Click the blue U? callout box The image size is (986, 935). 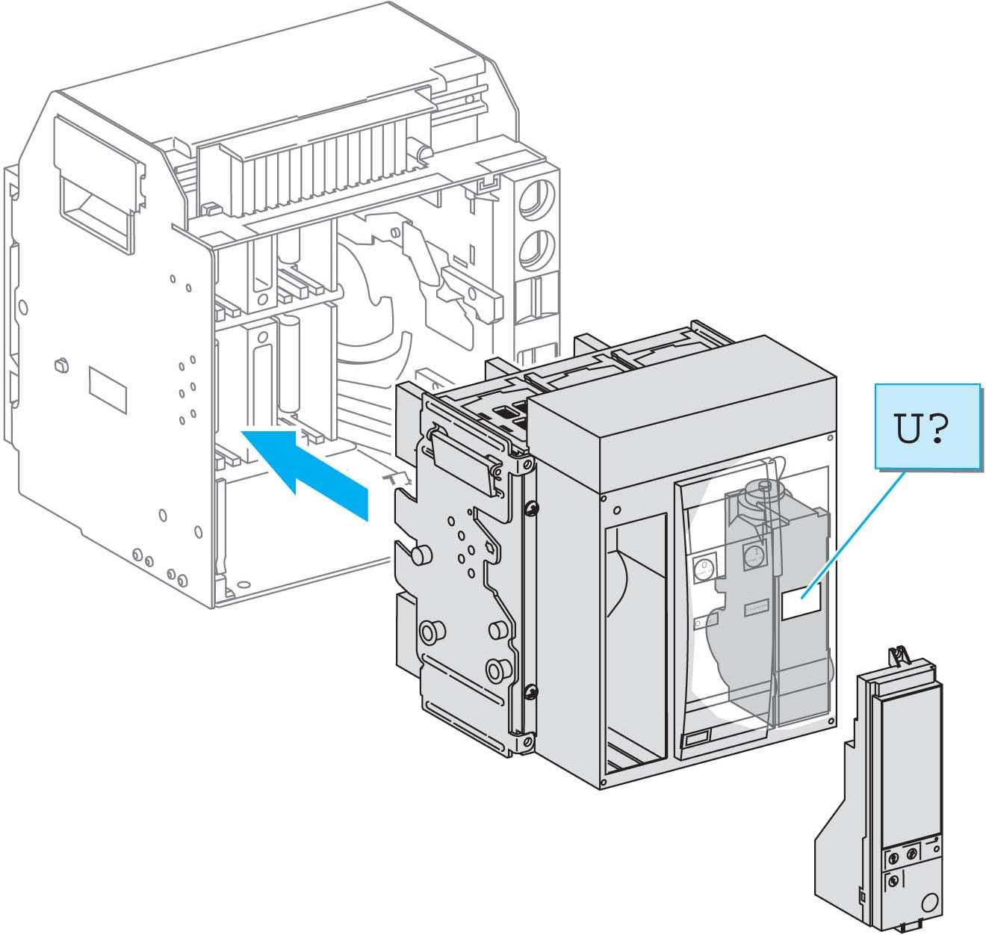tap(926, 427)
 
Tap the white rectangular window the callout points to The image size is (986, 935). tap(801, 602)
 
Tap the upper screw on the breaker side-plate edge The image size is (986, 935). tap(530, 509)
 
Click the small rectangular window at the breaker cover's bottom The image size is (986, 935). tap(696, 738)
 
